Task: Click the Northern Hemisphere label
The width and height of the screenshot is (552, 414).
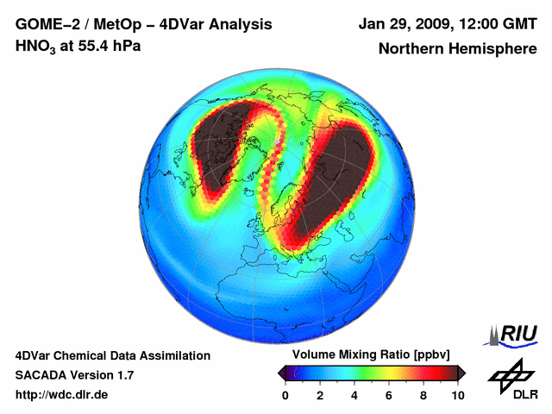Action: (458, 49)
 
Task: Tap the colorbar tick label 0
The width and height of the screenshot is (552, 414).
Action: (285, 395)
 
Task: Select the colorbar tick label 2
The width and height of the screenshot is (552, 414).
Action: (319, 395)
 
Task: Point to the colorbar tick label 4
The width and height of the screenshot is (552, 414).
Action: (354, 395)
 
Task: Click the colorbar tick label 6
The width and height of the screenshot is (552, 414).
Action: (388, 395)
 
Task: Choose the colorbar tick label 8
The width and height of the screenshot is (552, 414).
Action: (423, 395)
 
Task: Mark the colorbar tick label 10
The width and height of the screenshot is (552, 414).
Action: (457, 395)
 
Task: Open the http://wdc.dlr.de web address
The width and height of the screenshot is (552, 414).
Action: (62, 395)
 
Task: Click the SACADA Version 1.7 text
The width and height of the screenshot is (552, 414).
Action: (74, 375)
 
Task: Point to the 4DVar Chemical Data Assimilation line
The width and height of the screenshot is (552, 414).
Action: (112, 355)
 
